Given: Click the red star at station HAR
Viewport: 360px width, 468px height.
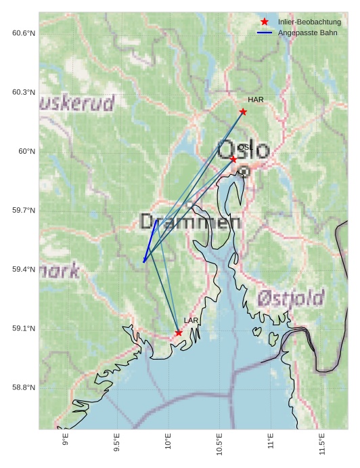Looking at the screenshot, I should [243, 112].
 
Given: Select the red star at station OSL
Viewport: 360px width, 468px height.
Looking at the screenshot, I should [233, 159].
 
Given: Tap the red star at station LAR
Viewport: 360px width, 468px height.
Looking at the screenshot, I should [179, 333].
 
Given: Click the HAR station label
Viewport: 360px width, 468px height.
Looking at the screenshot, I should [255, 100].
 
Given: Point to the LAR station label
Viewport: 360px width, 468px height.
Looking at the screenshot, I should [191, 320].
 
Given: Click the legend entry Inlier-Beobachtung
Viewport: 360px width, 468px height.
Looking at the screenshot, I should [309, 22].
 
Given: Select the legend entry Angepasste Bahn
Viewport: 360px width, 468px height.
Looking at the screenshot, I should [307, 33].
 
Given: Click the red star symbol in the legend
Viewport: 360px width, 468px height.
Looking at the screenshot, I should [265, 22].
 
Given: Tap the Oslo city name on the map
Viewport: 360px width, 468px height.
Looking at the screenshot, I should [243, 150].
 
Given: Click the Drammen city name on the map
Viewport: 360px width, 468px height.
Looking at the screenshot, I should [190, 221].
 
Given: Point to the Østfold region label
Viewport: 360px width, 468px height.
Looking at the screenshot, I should [291, 297].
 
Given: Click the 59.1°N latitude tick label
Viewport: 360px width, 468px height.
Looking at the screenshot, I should [24, 328].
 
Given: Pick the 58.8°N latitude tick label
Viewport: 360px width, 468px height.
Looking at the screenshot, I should [24, 387].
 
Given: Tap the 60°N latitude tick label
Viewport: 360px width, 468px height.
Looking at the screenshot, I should [27, 151].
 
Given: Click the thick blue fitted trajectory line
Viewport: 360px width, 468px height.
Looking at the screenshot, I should [150, 240].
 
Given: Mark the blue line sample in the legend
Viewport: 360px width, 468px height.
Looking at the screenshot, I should [265, 33].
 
